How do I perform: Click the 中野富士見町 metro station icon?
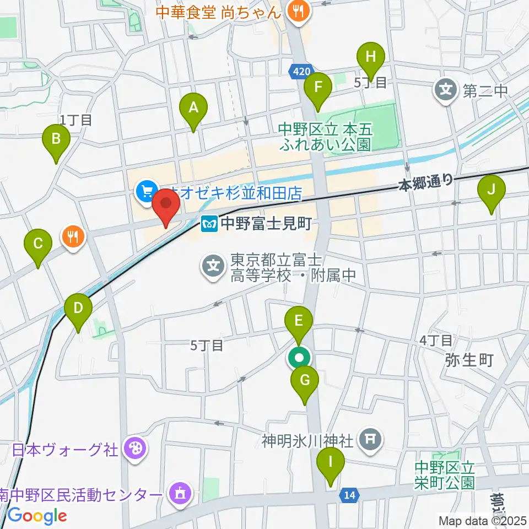[210, 224]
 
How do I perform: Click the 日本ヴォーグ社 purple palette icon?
[134, 449]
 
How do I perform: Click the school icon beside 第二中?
[446, 88]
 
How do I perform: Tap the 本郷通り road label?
[425, 181]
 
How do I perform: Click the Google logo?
[37, 516]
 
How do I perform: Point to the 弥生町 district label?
[469, 360]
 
